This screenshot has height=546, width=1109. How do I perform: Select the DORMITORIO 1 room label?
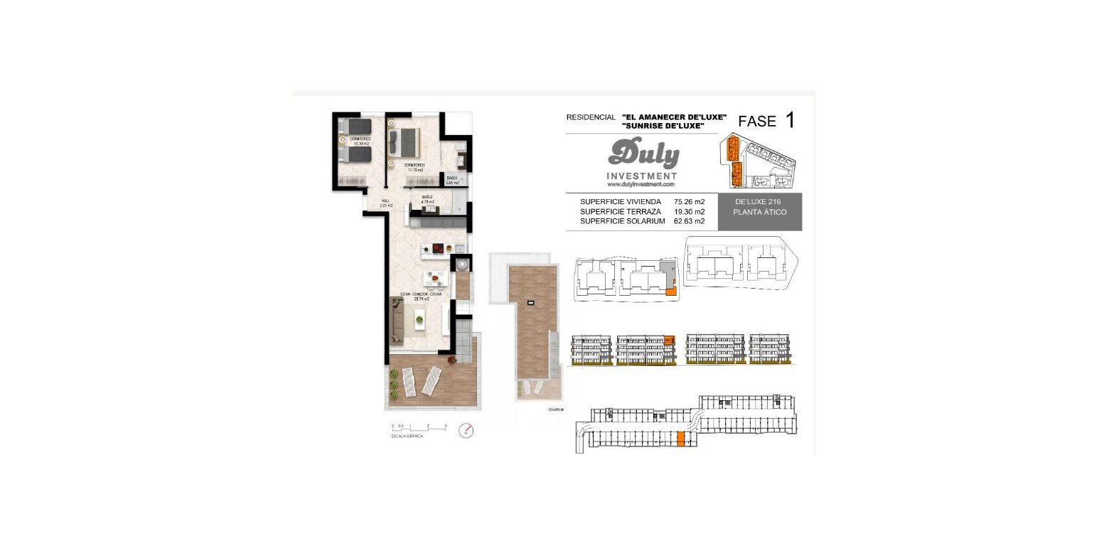tap(415, 168)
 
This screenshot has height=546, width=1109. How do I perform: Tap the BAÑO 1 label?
tap(452, 181)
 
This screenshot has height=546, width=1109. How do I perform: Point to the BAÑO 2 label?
tap(427, 200)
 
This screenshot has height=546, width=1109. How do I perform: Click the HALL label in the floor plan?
tap(385, 203)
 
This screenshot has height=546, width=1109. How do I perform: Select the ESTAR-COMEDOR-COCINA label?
tap(422, 296)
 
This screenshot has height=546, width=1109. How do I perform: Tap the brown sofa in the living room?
tap(397, 321)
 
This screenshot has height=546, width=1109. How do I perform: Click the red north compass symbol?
tap(466, 430)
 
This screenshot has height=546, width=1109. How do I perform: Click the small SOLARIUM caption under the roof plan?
tap(555, 410)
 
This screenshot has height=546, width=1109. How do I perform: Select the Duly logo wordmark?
tap(643, 154)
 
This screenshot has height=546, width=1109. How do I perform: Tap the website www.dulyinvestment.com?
tap(641, 184)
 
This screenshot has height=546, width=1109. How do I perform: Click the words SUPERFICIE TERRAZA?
tap(620, 212)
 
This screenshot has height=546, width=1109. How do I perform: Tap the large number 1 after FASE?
tap(790, 120)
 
